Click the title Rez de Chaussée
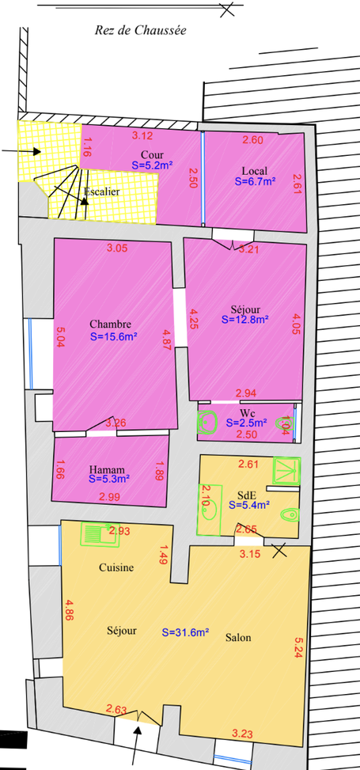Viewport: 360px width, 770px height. pyautogui.click(x=141, y=30)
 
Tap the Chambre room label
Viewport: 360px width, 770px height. pyautogui.click(x=111, y=324)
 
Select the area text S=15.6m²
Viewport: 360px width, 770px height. pyautogui.click(x=113, y=337)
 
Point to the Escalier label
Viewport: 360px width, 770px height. pyautogui.click(x=101, y=192)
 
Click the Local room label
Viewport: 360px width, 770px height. pyautogui.click(x=255, y=171)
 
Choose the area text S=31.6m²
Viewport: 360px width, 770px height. pyautogui.click(x=186, y=632)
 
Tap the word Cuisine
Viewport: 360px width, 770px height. pyautogui.click(x=116, y=567)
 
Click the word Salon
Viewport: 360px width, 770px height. pyautogui.click(x=238, y=637)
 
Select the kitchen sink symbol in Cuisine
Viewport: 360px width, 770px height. pyautogui.click(x=100, y=534)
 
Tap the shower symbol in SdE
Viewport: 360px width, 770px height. pyautogui.click(x=286, y=470)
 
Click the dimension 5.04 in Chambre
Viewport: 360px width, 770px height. pyautogui.click(x=60, y=337)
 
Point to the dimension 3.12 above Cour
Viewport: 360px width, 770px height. pyautogui.click(x=142, y=135)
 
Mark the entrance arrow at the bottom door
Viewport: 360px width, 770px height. pyautogui.click(x=136, y=745)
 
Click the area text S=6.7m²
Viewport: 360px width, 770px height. pyautogui.click(x=255, y=181)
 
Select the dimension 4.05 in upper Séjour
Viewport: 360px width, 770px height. pyautogui.click(x=295, y=324)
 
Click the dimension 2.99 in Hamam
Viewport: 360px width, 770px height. pyautogui.click(x=109, y=497)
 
